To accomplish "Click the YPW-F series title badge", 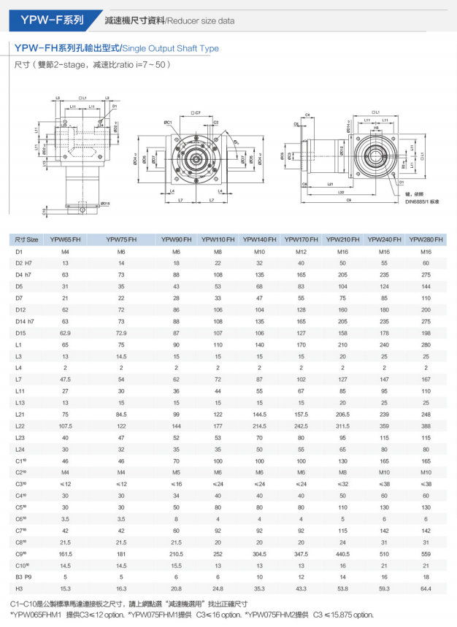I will (45, 20).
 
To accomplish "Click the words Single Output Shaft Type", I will (171, 49).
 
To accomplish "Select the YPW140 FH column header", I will (259, 239).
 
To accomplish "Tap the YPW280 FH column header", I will (426, 239).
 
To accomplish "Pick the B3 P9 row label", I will (23, 577).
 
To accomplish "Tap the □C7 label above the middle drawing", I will (195, 114).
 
